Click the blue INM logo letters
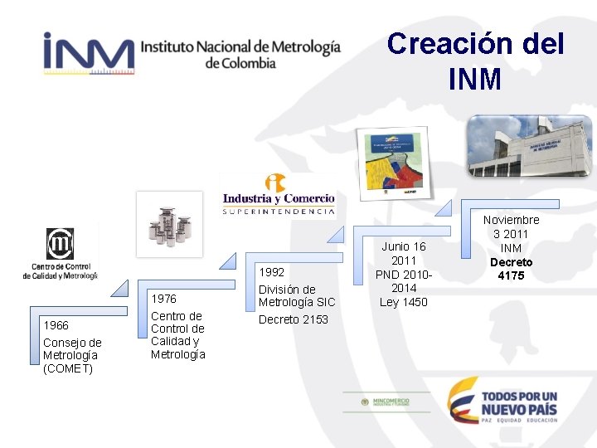[x=88, y=53]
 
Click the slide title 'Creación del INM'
[x=475, y=61]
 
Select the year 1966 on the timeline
[x=56, y=325]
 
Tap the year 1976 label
[x=164, y=299]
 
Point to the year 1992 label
[x=272, y=271]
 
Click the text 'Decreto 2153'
[x=294, y=319]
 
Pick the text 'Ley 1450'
[x=404, y=302]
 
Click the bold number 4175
[x=511, y=275]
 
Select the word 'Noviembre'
[x=511, y=220]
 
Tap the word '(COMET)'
[x=68, y=368]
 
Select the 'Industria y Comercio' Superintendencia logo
[x=278, y=195]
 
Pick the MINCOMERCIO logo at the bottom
[x=387, y=402]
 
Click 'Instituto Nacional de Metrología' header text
[x=240, y=46]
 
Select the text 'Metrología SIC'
[x=297, y=302]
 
